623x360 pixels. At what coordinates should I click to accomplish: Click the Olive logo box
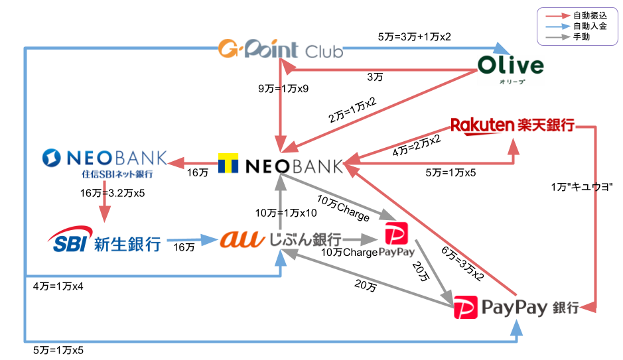[x=511, y=70]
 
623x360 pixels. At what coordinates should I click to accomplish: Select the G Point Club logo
[x=280, y=49]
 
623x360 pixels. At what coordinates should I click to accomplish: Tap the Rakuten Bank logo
[x=513, y=125]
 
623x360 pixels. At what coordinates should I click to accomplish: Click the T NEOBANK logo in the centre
[x=280, y=164]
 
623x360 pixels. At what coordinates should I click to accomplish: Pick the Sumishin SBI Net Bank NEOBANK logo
[x=104, y=163]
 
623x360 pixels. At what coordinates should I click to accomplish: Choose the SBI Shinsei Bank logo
[x=104, y=241]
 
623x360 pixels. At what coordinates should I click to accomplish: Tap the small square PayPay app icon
[x=396, y=239]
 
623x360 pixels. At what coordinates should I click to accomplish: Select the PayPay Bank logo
[x=516, y=307]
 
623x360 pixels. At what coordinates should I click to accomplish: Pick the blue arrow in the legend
[x=557, y=27]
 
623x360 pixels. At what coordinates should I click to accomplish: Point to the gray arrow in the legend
[x=557, y=37]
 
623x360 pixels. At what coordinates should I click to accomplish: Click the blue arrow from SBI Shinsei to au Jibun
[x=192, y=240]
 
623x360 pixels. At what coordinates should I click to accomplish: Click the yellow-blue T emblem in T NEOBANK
[x=229, y=164]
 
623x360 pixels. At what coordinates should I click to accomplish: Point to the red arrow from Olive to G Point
[x=378, y=69]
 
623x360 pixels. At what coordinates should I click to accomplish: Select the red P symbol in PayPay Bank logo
[x=465, y=308]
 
